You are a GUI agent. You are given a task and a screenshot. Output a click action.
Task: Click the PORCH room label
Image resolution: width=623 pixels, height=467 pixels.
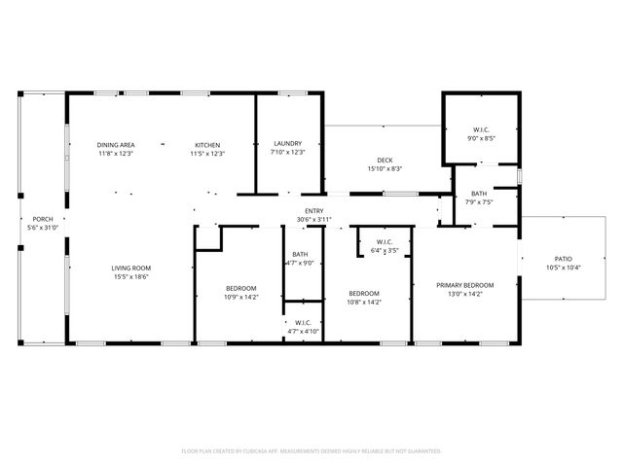(x=43, y=219)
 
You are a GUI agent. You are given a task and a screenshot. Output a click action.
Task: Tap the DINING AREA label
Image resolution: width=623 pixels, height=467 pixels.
(x=115, y=144)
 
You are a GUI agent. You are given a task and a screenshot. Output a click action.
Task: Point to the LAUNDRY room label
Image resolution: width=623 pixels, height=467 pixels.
(x=287, y=144)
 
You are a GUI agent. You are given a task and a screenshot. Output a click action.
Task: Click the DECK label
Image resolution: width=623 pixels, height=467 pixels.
(x=385, y=161)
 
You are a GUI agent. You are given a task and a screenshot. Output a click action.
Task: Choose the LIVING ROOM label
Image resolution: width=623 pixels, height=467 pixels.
(x=129, y=268)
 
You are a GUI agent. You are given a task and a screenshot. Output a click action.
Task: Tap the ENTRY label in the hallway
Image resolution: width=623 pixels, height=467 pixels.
(x=314, y=211)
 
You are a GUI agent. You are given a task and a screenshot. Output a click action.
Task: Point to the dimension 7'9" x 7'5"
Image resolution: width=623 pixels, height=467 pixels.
(x=479, y=202)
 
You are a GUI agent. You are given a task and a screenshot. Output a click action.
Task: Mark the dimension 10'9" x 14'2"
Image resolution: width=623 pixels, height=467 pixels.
(x=240, y=297)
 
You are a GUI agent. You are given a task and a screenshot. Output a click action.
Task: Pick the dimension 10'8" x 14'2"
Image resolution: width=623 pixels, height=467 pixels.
(x=364, y=302)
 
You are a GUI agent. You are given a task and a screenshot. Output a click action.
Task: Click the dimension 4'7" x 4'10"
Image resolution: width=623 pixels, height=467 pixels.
(x=302, y=332)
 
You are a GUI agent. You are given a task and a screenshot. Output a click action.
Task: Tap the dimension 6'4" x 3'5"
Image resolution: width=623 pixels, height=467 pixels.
(x=385, y=251)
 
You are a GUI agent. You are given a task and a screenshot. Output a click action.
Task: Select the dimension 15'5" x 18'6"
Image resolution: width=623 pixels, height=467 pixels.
(x=129, y=276)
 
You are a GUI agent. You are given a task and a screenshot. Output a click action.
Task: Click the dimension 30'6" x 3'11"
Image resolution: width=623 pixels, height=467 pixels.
(x=314, y=220)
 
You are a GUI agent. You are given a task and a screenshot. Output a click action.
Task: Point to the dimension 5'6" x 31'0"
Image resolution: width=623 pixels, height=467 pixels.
(x=43, y=228)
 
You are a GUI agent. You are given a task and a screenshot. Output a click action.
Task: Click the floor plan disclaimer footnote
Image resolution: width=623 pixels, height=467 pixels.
(x=311, y=450)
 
